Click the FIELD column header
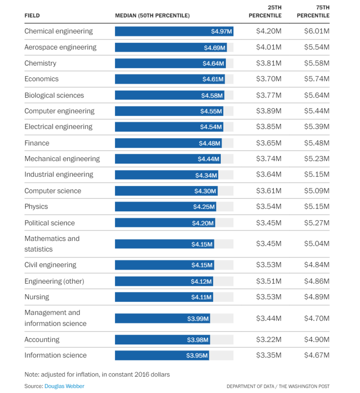point(32,16)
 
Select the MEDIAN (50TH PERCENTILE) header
point(152,16)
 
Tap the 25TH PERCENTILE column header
point(265,12)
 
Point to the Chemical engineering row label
point(58,31)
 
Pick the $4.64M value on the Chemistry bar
point(213,63)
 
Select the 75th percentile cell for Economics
point(316,79)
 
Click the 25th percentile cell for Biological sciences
point(269,95)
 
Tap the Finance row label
point(37,143)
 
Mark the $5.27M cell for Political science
point(316,223)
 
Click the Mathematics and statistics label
point(52,244)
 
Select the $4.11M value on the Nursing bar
point(201,297)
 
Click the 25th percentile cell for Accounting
point(269,340)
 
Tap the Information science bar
point(161,355)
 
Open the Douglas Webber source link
point(64,386)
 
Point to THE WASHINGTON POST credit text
point(304,386)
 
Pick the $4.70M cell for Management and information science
point(316,318)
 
